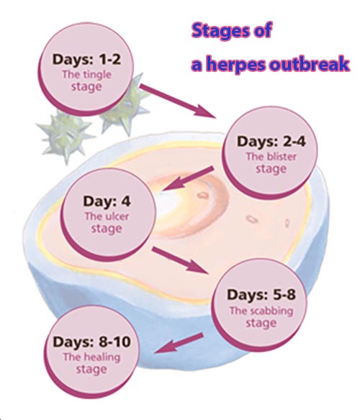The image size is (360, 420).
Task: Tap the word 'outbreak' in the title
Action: pos(313,65)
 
